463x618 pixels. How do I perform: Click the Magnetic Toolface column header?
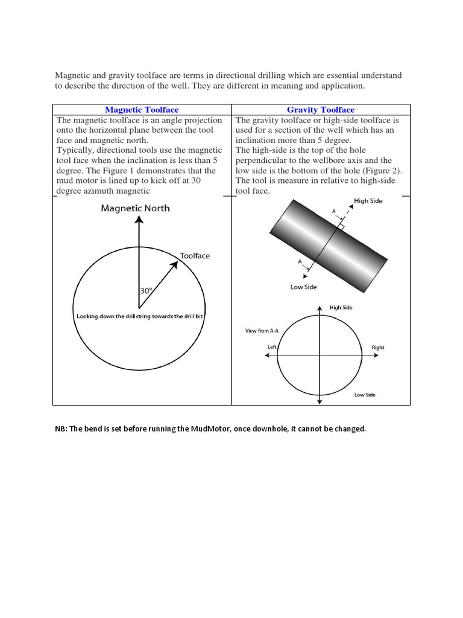[142, 110]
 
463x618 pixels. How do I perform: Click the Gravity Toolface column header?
[321, 110]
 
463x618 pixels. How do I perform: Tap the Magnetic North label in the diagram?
[135, 208]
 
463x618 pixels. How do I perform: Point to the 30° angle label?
[146, 290]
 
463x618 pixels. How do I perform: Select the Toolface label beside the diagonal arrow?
[195, 256]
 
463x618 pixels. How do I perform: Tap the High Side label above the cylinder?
[368, 201]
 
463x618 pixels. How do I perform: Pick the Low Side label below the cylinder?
[303, 287]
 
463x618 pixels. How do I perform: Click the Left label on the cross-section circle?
[272, 347]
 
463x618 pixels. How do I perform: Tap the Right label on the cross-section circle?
[378, 348]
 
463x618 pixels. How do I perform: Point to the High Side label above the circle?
[341, 308]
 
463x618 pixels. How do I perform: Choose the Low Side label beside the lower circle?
[365, 395]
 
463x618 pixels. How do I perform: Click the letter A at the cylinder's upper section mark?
[334, 212]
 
